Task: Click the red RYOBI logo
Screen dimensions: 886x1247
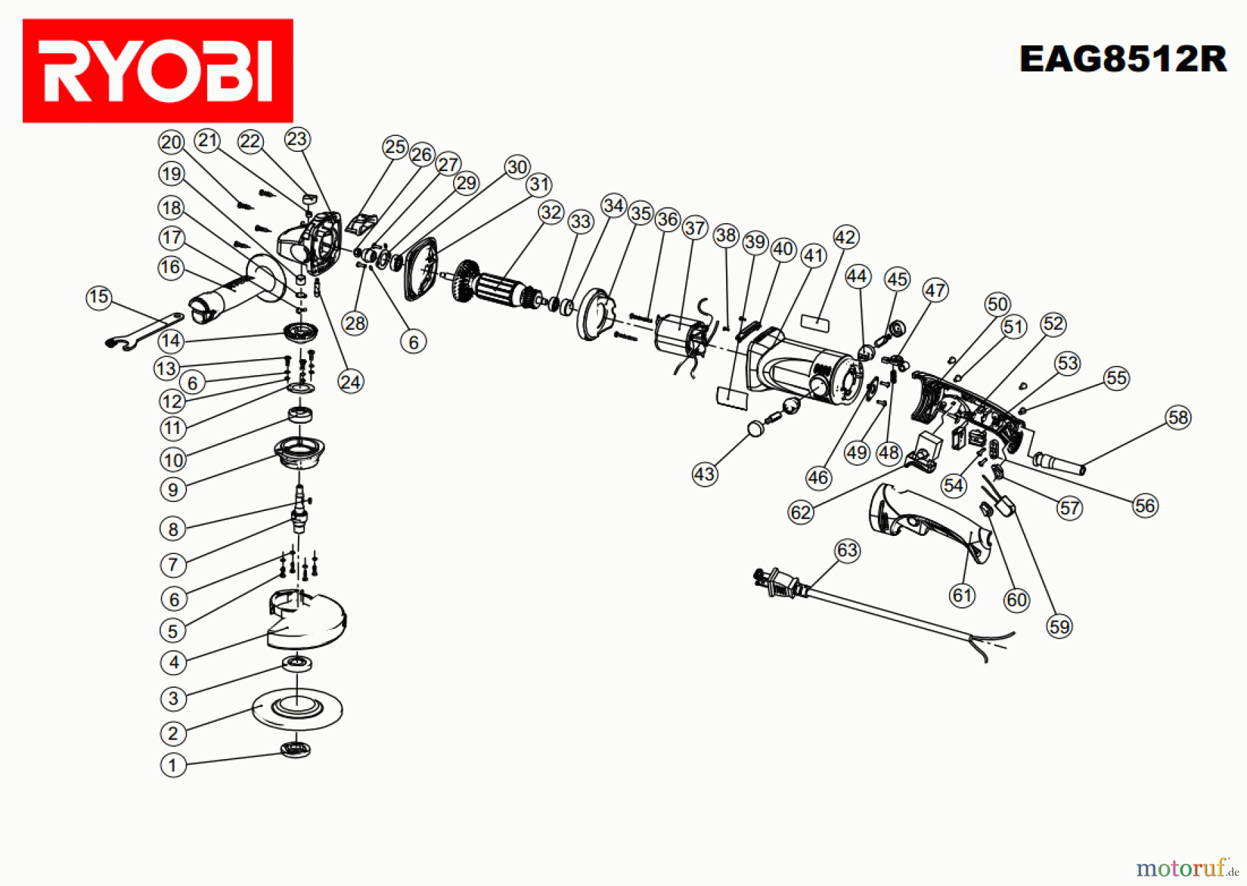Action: (x=158, y=71)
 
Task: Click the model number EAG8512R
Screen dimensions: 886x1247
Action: (x=1122, y=59)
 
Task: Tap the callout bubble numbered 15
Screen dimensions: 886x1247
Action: (x=98, y=297)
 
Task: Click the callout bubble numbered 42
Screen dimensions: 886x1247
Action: (x=845, y=237)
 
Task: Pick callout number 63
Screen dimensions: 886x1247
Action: (x=847, y=550)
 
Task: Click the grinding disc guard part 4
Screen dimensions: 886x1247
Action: (x=308, y=620)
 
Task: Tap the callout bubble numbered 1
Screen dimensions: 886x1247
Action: (x=173, y=765)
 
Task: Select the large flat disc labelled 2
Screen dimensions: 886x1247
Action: (x=297, y=709)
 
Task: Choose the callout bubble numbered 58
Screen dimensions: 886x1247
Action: (x=1178, y=417)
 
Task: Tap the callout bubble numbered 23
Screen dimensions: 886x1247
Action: (x=297, y=139)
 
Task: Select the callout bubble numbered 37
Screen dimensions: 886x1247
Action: (x=694, y=227)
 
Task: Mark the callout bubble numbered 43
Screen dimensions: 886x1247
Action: (x=705, y=474)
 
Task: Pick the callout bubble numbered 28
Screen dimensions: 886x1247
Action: (x=355, y=323)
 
